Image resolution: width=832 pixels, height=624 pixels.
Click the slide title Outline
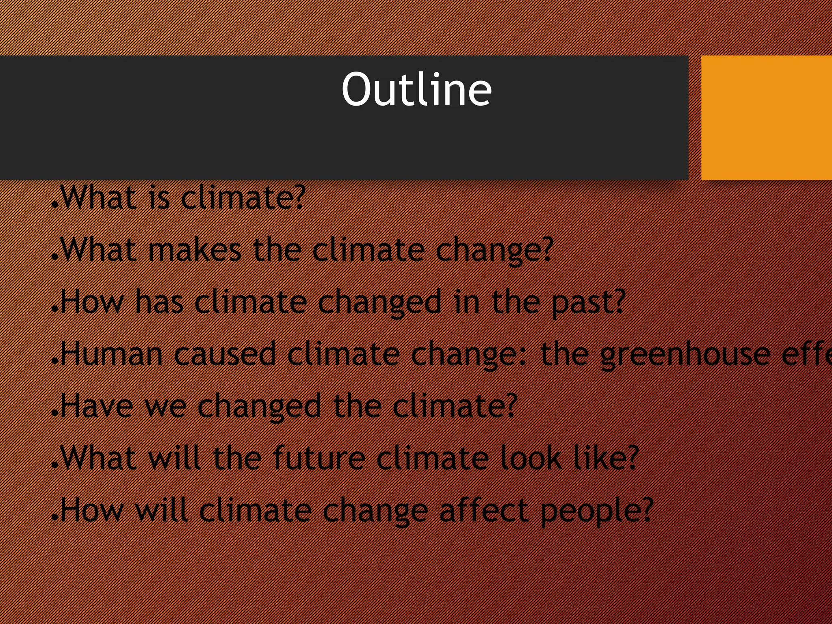(416, 89)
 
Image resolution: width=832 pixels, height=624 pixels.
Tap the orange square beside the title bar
(766, 118)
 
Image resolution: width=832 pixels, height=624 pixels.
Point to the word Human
(112, 354)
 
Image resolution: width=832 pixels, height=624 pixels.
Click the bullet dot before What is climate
(55, 206)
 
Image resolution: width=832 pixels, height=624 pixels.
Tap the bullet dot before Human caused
(55, 362)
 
